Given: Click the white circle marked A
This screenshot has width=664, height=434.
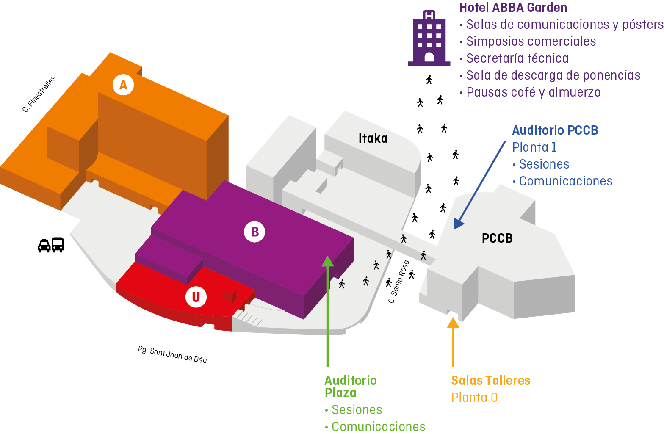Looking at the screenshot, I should click(x=123, y=85).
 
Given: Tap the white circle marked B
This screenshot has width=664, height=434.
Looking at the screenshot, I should click(x=255, y=232).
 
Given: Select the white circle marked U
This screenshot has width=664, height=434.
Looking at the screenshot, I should click(x=196, y=297).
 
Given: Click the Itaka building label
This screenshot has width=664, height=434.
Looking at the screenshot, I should click(x=373, y=138).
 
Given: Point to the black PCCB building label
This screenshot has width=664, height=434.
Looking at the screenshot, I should click(x=497, y=238).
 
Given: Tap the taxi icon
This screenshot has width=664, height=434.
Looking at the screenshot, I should click(x=44, y=245).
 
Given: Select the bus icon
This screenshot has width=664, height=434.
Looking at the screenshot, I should click(x=58, y=245).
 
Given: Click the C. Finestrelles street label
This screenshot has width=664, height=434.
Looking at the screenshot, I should click(x=39, y=94).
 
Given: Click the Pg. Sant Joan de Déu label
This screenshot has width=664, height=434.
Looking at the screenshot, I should click(x=172, y=354).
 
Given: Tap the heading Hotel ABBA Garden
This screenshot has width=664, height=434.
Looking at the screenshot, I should click(x=513, y=8).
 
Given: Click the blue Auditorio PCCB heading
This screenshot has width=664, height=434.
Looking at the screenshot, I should click(x=555, y=130).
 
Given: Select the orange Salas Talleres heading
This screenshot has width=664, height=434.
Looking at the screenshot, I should click(x=490, y=381).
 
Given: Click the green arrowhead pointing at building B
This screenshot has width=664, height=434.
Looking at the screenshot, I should click(x=327, y=261).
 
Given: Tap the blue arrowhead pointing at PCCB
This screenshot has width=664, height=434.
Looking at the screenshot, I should click(x=458, y=223).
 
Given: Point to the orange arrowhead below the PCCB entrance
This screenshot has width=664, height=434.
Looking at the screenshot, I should click(x=453, y=323).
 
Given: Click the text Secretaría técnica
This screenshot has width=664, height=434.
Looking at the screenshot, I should click(x=517, y=58).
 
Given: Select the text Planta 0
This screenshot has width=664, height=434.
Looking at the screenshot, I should click(x=474, y=398).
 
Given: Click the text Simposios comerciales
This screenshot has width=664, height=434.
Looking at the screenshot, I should click(x=531, y=41).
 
